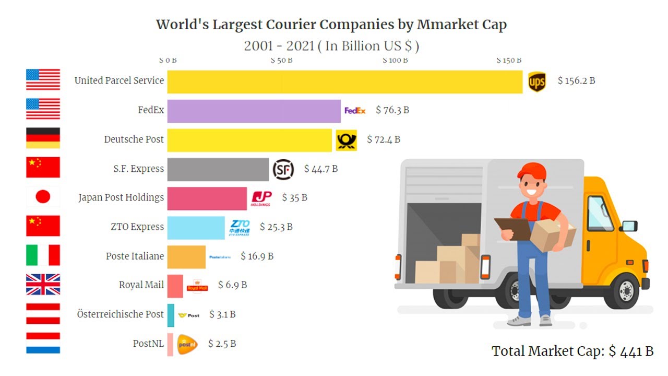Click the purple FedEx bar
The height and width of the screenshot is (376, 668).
pyautogui.click(x=254, y=111)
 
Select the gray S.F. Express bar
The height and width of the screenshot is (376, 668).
pyautogui.click(x=218, y=170)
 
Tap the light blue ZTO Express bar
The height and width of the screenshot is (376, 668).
pyautogui.click(x=196, y=228)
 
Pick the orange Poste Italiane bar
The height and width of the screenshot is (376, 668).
pyautogui.click(x=186, y=257)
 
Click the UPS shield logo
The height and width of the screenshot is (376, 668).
pyautogui.click(x=537, y=82)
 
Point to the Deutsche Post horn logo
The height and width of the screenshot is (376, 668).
pyautogui.click(x=346, y=140)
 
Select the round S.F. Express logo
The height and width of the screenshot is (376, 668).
pyautogui.click(x=283, y=170)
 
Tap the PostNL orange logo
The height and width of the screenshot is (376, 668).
pyautogui.click(x=187, y=345)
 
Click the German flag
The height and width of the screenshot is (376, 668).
pyautogui.click(x=43, y=138)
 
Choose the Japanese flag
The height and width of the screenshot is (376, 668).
pyautogui.click(x=43, y=197)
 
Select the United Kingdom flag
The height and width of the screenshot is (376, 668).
pyautogui.click(x=43, y=285)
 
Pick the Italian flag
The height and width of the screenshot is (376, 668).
pyautogui.click(x=43, y=255)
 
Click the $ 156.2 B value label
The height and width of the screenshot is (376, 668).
pyautogui.click(x=577, y=81)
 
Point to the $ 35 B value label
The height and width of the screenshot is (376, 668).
pyautogui.click(x=295, y=197)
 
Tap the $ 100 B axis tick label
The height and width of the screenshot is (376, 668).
pyautogui.click(x=395, y=60)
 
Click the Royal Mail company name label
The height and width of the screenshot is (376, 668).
pyautogui.click(x=141, y=285)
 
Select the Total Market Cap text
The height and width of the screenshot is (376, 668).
pyautogui.click(x=572, y=351)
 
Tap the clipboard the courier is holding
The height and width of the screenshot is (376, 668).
pyautogui.click(x=513, y=228)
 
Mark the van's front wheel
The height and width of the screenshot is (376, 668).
pyautogui.click(x=625, y=290)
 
